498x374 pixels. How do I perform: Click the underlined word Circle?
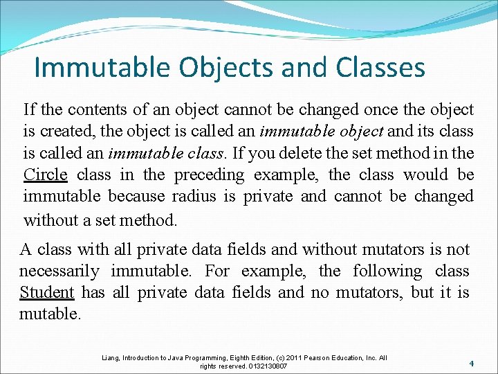coord(46,175)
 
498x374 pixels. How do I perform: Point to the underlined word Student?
coord(47,293)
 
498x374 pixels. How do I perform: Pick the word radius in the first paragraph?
coord(194,197)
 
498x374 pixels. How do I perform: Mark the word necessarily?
coord(59,271)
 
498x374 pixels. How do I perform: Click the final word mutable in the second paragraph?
coord(50,314)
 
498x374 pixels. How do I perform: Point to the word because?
coord(136,197)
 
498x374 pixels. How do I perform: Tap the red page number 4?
coord(471,363)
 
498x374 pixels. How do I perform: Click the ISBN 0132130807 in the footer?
coord(266,366)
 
